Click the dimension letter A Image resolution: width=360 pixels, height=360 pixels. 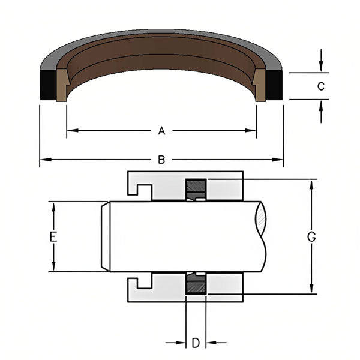coord(161,131)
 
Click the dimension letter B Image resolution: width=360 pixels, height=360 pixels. coord(161,160)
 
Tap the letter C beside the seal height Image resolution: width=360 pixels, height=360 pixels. coord(321,86)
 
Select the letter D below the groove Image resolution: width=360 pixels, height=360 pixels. coord(196,343)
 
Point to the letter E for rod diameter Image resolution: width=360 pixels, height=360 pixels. coord(53,237)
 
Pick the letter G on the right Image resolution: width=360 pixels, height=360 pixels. coord(311,237)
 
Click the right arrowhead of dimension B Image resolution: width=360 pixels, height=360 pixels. coord(277,160)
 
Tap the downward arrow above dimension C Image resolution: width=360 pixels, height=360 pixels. coord(321,61)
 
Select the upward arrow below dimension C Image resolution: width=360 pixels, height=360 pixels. coord(321,112)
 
